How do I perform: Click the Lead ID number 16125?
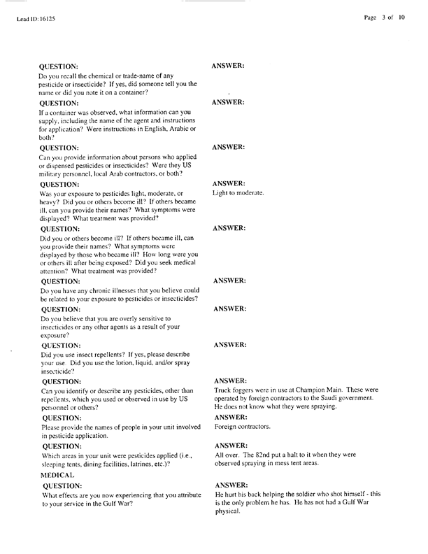47,20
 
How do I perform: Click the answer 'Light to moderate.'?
238,193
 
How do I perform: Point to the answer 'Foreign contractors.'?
242,426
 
